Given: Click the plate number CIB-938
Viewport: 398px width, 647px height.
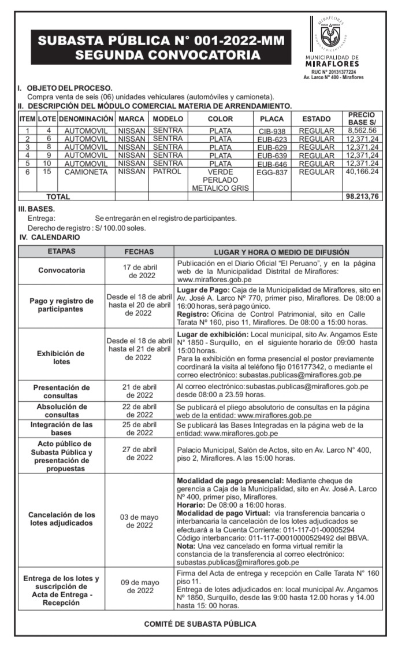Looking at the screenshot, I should click(x=272, y=131).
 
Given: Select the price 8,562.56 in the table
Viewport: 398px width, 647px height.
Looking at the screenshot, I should click(x=362, y=131).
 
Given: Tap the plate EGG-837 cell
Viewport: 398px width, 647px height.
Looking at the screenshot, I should click(x=272, y=172).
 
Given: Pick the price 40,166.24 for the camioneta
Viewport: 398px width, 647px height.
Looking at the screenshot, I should click(x=362, y=172).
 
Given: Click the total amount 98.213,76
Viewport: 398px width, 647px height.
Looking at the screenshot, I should click(x=362, y=197).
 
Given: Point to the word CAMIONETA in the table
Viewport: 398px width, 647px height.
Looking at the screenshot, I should click(x=86, y=172).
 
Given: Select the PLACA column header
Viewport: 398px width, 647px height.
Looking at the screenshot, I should click(x=272, y=119).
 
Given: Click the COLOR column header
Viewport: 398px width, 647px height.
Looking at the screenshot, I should click(x=220, y=119).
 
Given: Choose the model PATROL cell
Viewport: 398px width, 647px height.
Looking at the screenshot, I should click(x=168, y=172).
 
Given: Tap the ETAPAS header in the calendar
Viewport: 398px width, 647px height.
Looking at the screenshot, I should click(x=61, y=252).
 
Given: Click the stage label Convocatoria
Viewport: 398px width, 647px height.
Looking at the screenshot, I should click(x=61, y=271).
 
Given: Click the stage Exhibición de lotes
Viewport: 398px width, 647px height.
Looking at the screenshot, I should click(x=61, y=357).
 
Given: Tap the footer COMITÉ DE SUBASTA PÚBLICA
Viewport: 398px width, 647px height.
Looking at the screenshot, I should click(x=200, y=624).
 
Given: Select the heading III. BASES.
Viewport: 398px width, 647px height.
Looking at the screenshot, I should click(x=36, y=208).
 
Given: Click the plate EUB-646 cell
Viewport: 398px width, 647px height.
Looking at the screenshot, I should click(x=272, y=164).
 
